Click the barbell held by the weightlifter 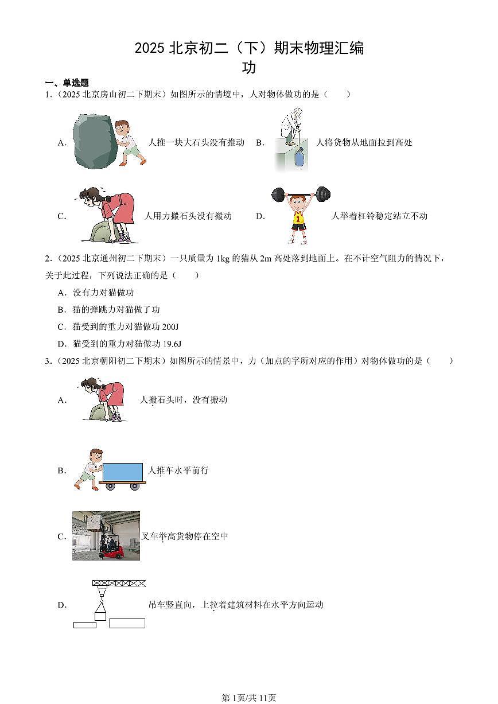click(x=301, y=194)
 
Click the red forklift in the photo click(x=112, y=547)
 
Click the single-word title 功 click(x=249, y=68)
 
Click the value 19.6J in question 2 click(x=172, y=344)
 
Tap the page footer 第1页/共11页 click(x=248, y=698)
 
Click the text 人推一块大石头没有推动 click(x=196, y=142)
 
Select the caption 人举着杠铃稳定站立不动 click(x=380, y=216)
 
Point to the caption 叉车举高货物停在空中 click(x=185, y=536)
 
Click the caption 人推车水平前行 click(x=178, y=470)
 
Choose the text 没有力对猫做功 click(x=103, y=292)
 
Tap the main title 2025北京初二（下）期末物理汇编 click(x=249, y=48)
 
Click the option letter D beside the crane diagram click(x=62, y=605)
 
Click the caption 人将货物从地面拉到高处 click(x=364, y=142)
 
